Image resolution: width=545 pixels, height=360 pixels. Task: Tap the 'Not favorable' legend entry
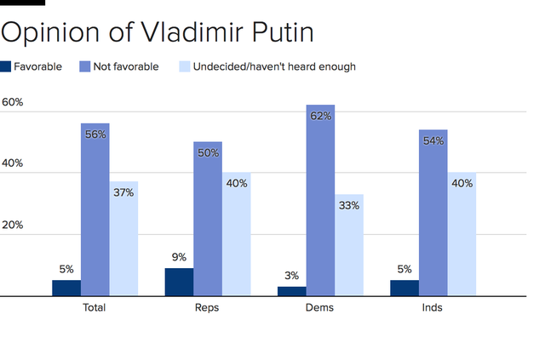pyautogui.click(x=120, y=66)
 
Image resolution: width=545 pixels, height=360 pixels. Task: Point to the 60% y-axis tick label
pyautogui.click(x=13, y=103)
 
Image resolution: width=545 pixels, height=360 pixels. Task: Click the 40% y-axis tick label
pyautogui.click(x=13, y=164)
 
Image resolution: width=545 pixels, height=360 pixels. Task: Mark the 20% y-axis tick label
pyautogui.click(x=13, y=226)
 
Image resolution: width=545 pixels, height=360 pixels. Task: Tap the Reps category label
pyautogui.click(x=207, y=307)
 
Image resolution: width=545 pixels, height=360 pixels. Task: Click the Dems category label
pyautogui.click(x=320, y=307)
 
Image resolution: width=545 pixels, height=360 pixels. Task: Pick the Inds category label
pyautogui.click(x=432, y=307)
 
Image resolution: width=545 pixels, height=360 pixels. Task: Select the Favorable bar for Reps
pyautogui.click(x=179, y=282)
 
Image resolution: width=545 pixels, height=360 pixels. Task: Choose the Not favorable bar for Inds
pyautogui.click(x=433, y=213)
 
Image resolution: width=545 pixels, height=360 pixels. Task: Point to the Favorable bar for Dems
pyautogui.click(x=292, y=291)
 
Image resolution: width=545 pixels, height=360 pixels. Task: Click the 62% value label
pyautogui.click(x=321, y=117)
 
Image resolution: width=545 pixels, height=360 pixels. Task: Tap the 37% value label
pyautogui.click(x=123, y=192)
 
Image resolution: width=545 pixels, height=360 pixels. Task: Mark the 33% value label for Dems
pyautogui.click(x=349, y=205)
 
